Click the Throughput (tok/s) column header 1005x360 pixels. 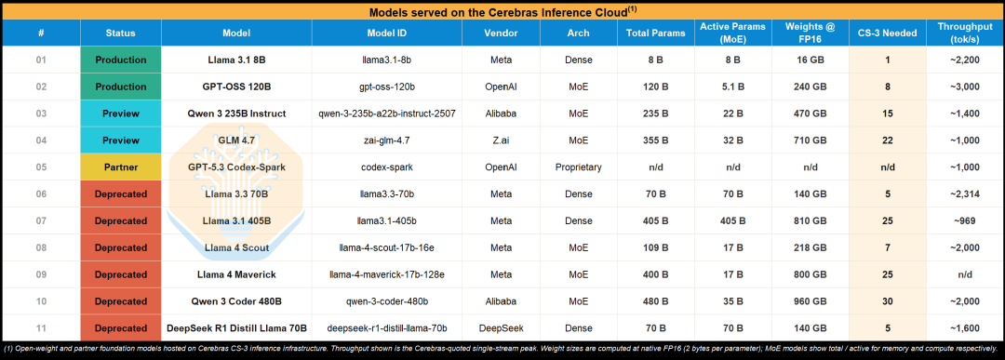click(x=965, y=33)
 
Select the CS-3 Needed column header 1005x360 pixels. click(x=887, y=33)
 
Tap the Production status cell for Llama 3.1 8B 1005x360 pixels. click(x=120, y=60)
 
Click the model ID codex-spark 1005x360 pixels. click(x=386, y=167)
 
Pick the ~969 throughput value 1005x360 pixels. click(x=965, y=221)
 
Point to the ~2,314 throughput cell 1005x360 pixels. click(x=965, y=194)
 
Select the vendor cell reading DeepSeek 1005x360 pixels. click(x=502, y=328)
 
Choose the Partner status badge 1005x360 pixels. click(x=120, y=167)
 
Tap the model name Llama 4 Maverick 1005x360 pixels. click(x=236, y=274)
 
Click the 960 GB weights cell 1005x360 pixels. click(x=811, y=301)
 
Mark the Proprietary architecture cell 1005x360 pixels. click(x=578, y=167)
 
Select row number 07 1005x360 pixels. click(x=41, y=221)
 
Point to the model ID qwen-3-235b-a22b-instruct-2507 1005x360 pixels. click(x=386, y=114)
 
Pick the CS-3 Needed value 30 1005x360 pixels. click(x=887, y=301)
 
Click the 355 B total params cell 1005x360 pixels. click(x=655, y=140)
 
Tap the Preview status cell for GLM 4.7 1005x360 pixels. click(x=120, y=140)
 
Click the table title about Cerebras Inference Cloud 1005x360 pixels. click(x=502, y=10)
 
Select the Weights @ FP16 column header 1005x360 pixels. click(x=811, y=33)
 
